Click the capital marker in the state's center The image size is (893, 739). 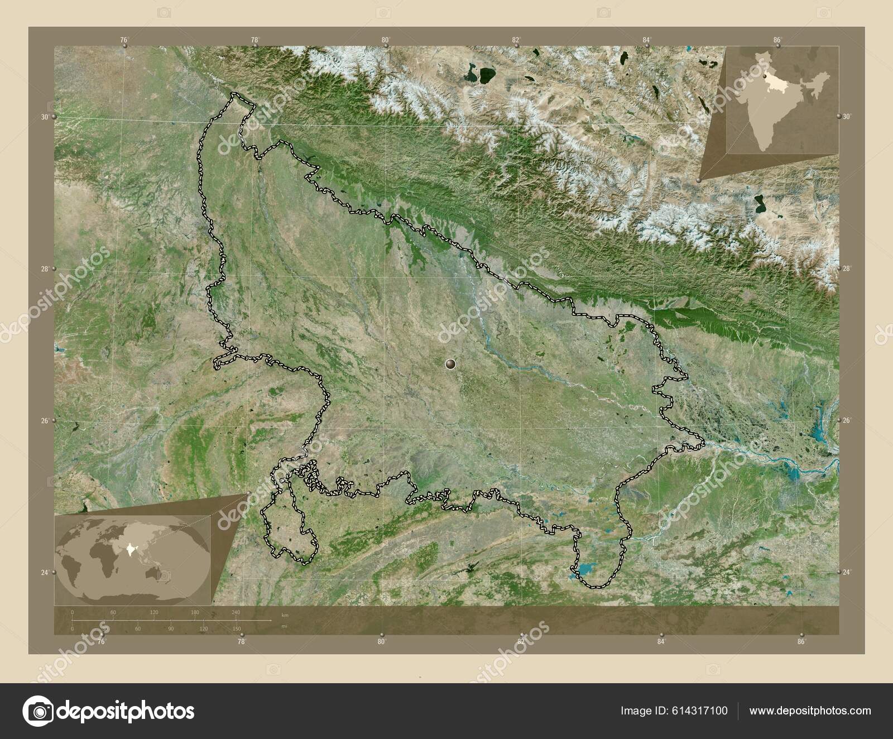[450, 364]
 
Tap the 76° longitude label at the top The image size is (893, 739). [124, 40]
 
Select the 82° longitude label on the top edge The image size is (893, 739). [516, 40]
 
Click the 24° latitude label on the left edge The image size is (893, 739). [45, 572]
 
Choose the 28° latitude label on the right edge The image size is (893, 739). [847, 268]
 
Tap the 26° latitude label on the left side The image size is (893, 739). [45, 420]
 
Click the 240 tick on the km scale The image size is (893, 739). [236, 613]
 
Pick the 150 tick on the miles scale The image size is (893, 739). [237, 629]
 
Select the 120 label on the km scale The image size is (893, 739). [153, 613]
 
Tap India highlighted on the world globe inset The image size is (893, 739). [132, 550]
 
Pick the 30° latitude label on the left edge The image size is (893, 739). [44, 117]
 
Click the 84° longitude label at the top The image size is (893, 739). [646, 40]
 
